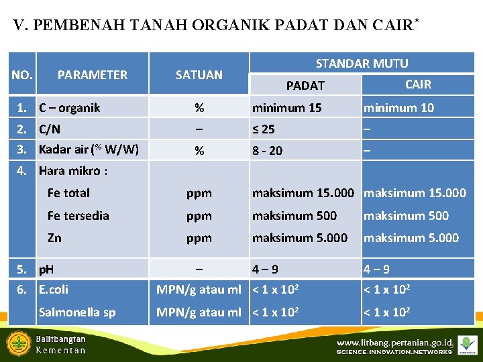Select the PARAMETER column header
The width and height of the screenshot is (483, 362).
[93, 75]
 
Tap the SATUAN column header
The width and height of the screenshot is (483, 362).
[199, 75]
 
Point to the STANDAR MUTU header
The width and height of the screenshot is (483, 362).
[362, 64]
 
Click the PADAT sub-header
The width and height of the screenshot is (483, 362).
[305, 85]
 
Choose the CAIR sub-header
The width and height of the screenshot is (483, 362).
[418, 84]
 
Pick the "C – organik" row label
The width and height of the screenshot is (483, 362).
[69, 107]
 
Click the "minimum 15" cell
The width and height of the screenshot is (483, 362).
[286, 107]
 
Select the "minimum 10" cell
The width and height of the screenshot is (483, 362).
[398, 107]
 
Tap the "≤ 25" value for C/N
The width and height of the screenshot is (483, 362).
[263, 129]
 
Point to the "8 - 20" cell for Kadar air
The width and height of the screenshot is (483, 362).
[267, 151]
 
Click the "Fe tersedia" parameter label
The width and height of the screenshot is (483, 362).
[78, 215]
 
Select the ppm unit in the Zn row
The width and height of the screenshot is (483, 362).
[199, 238]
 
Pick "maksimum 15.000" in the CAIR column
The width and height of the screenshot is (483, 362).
[415, 193]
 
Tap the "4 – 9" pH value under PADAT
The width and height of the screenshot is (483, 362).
[265, 269]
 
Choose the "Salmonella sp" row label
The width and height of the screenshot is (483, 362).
[77, 312]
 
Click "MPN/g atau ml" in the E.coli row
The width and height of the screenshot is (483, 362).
[199, 290]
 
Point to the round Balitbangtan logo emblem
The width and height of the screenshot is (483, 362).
[18, 344]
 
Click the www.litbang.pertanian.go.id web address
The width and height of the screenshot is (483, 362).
[393, 342]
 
